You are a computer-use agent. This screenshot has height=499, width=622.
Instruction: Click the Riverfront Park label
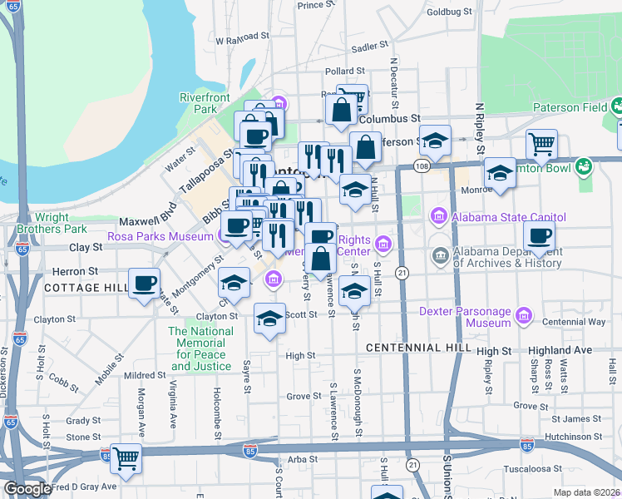click(x=205, y=103)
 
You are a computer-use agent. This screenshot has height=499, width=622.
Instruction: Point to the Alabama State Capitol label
click(x=510, y=218)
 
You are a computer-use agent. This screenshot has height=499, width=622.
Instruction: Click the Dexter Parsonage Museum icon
click(x=524, y=316)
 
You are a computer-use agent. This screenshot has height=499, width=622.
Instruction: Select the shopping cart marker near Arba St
click(x=126, y=457)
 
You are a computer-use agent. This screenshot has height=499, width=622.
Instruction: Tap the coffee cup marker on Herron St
click(x=144, y=284)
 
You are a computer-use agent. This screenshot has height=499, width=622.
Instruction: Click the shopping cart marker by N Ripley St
click(x=541, y=143)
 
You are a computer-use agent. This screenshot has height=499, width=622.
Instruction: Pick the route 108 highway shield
click(x=422, y=167)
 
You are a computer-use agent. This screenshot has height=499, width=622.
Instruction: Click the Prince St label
click(x=316, y=5)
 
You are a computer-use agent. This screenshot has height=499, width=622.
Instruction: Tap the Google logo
click(x=27, y=489)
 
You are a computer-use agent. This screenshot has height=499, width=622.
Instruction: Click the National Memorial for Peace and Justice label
click(x=200, y=348)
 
